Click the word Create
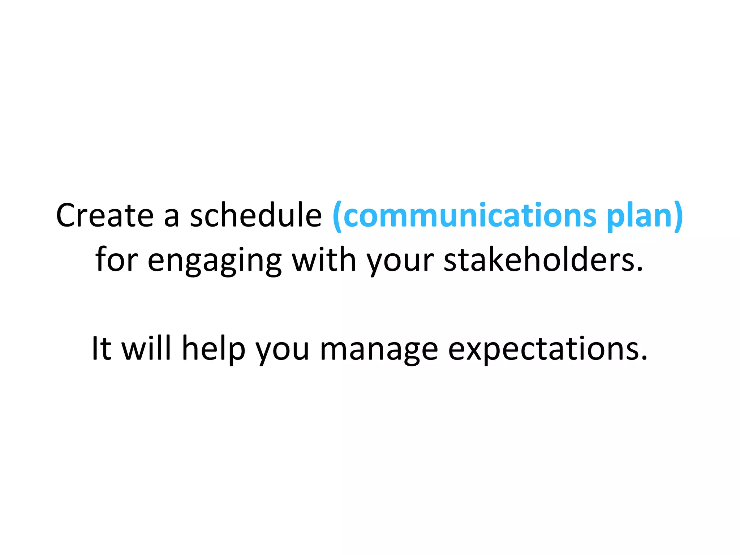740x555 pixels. pyautogui.click(x=105, y=216)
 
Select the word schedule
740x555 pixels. pyautogui.click(x=256, y=216)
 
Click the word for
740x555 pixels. pyautogui.click(x=117, y=259)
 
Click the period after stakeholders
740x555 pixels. pyautogui.click(x=640, y=270)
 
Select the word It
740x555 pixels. pyautogui.click(x=101, y=348)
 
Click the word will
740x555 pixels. pyautogui.click(x=146, y=348)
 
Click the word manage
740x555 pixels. pyautogui.click(x=379, y=353)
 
